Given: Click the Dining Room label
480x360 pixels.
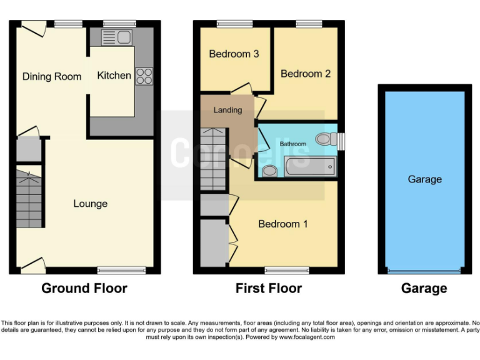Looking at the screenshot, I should coord(52,76).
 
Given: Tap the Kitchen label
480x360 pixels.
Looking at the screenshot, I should coord(114,75).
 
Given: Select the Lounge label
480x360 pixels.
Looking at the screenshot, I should coord(90,203).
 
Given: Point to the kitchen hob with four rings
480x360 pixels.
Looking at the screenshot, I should coord(144,76).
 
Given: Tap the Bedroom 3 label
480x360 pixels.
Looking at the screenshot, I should coord(234,54).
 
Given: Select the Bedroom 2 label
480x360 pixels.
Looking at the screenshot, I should coord(306,73).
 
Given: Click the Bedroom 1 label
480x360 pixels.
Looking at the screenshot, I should coord(283,224).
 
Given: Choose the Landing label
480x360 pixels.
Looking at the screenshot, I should coord(227,110).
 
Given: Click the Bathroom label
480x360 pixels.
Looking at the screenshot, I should coord(292,144).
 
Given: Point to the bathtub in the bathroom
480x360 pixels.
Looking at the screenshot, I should coord(309,167).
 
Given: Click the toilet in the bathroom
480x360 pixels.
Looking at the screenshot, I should coord(325,139).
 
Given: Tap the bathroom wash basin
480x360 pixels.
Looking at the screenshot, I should coord(269,171).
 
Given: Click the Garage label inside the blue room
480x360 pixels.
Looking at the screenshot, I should coord(424,179).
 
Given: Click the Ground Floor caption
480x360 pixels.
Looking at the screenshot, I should coord(84,288).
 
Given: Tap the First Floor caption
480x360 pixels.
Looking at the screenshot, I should coord(268,288).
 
